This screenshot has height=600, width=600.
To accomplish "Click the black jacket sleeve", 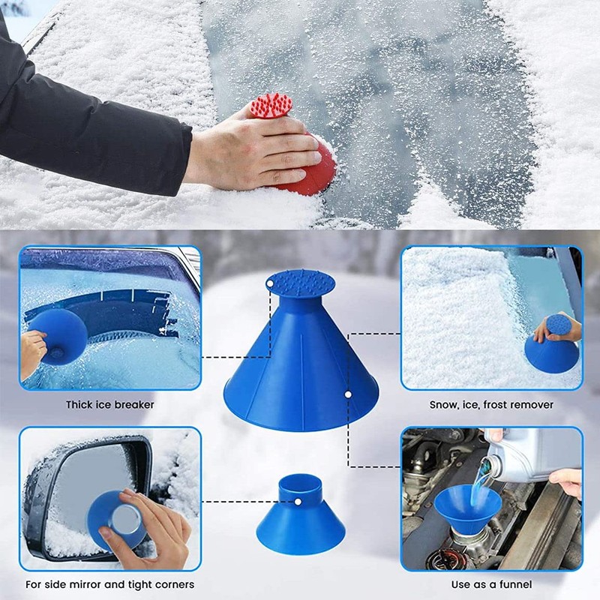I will (90, 120).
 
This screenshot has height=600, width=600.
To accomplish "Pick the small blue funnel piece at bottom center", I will (300, 517).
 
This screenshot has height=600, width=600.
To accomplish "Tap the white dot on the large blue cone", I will (349, 392).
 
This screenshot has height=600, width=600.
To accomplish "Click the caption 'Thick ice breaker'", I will (109, 405).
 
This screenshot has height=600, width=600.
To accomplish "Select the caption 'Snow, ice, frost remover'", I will (491, 405).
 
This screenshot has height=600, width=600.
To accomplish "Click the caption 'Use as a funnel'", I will (491, 584).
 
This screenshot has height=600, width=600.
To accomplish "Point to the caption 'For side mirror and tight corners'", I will (109, 584).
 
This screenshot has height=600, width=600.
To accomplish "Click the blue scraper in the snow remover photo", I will (551, 352).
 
